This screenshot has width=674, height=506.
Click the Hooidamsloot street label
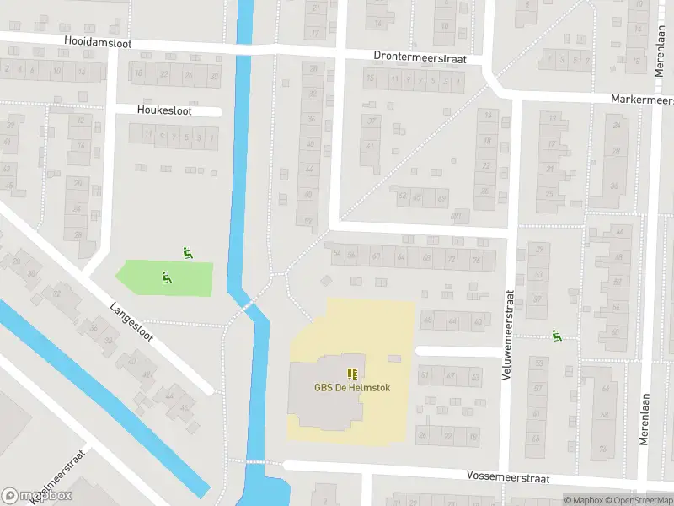tap(97, 40)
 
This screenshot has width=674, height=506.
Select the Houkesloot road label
tap(165, 110)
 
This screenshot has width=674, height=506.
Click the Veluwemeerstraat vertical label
tap(508, 335)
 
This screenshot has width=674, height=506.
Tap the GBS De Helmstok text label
tap(351, 388)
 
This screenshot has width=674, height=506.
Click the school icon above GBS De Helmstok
tap(352, 373)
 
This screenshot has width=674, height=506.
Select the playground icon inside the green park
tap(166, 277)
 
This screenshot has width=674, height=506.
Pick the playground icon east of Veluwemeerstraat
tap(556, 336)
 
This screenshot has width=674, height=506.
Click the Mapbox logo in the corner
tap(37, 496)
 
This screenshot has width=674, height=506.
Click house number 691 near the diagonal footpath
tap(457, 216)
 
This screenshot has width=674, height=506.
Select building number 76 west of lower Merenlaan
tap(602, 448)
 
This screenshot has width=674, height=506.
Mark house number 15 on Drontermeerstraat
tap(370, 80)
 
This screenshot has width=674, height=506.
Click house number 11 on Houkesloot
tap(147, 133)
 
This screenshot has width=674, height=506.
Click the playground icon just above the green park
tap(187, 251)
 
